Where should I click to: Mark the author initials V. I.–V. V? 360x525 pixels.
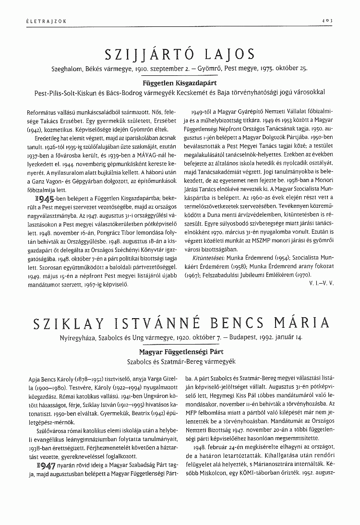click(321, 284)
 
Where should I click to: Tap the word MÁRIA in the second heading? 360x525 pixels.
click(303, 324)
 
